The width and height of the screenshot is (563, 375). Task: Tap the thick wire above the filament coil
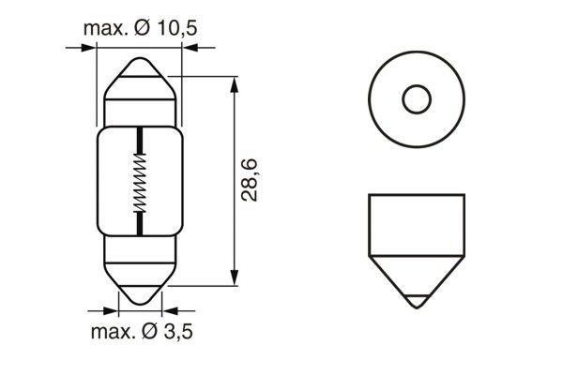pyautogui.click(x=140, y=141)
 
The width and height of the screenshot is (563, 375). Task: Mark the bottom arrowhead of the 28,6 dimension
pyautogui.click(x=231, y=278)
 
